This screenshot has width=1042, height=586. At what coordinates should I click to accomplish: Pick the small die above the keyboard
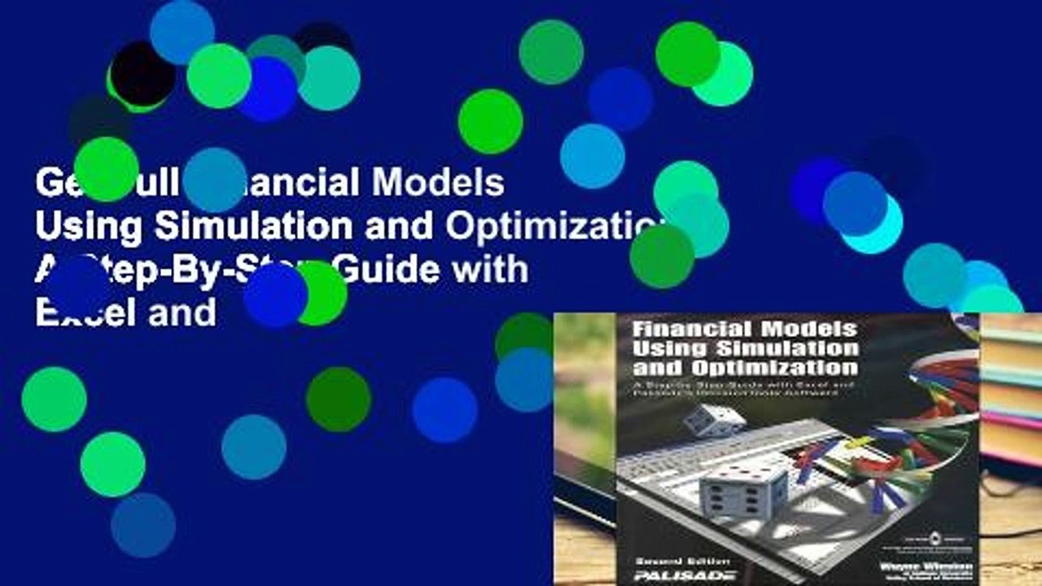coord(713,419)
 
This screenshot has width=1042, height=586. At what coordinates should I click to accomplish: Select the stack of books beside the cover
coord(1012,391)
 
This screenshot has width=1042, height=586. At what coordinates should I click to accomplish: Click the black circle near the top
coord(143,73)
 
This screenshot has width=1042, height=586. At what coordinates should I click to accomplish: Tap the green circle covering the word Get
coord(106,169)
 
